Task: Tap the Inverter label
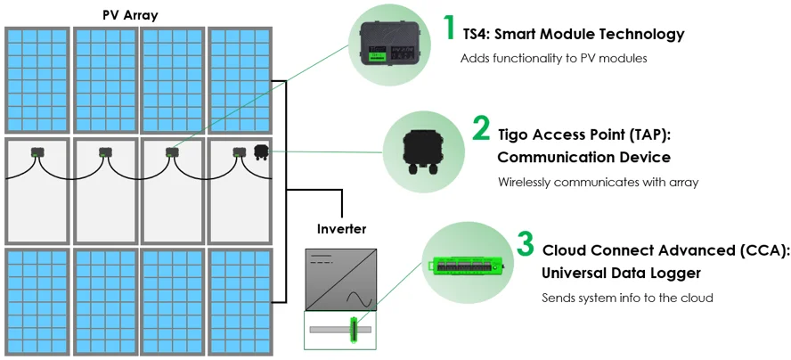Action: pos(342,229)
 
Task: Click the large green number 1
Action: pos(449,29)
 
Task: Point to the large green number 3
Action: pos(526,243)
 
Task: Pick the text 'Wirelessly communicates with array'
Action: pos(598,182)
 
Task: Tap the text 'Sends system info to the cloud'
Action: pos(627,298)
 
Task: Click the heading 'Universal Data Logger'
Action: pos(621,273)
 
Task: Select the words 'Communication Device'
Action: pos(583,158)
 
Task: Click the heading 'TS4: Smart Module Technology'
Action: pos(574,35)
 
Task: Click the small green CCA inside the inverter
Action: pos(353,330)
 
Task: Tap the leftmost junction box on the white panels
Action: pos(38,151)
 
